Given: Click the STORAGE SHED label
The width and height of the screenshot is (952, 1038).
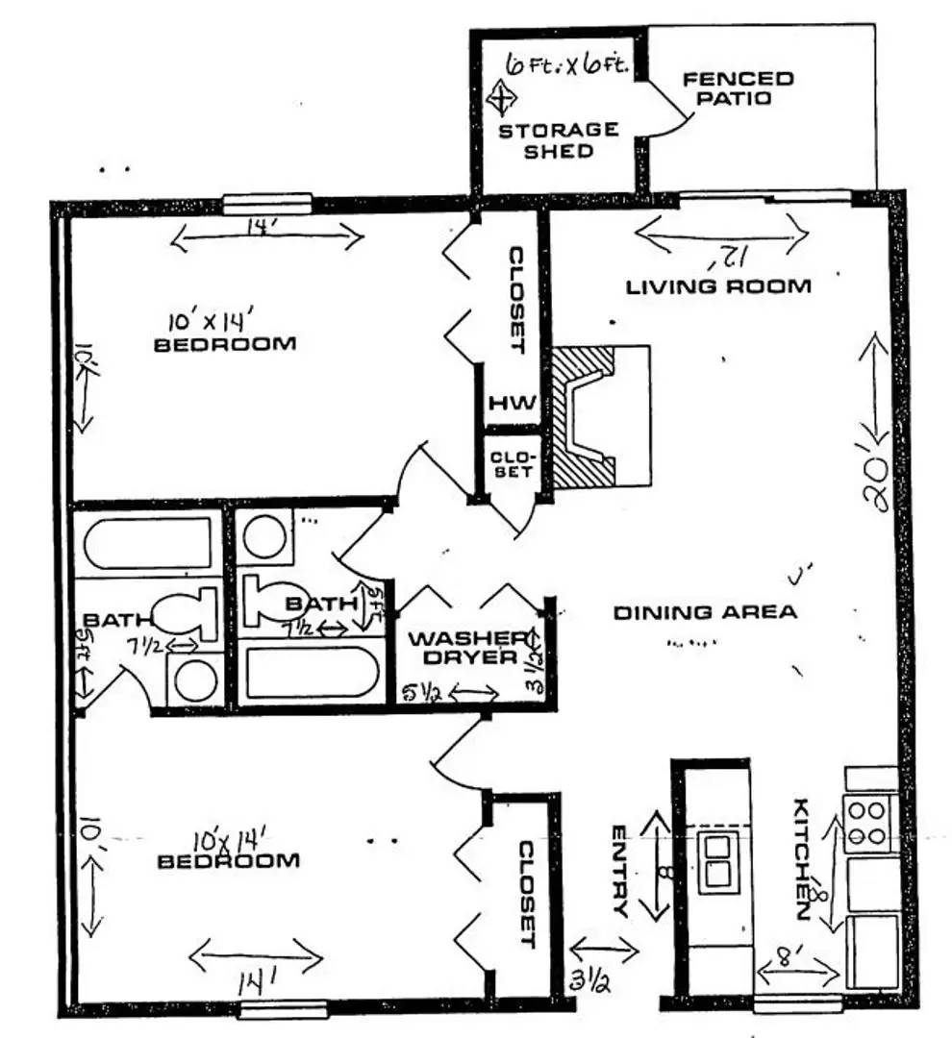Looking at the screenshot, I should [558, 140].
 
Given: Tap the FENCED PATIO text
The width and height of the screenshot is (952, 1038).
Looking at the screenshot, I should [739, 87].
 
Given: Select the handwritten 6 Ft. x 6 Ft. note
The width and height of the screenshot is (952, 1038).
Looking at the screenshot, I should [566, 65].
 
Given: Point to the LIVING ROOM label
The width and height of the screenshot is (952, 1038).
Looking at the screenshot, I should [718, 285].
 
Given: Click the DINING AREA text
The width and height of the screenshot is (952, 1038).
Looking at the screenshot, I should [705, 612].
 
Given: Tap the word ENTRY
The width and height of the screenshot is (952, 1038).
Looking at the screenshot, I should [619, 871].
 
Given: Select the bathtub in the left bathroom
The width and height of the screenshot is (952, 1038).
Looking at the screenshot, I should [149, 545].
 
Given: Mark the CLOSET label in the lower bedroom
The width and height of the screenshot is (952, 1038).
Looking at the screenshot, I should [527, 895].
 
